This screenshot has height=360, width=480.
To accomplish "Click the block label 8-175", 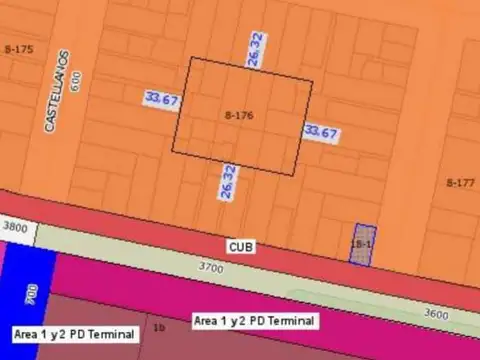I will tap(19, 49).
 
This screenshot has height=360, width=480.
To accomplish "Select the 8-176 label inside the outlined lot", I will tap(239, 116).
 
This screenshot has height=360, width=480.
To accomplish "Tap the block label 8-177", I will tap(460, 183).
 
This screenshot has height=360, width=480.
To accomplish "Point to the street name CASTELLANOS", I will tap(56, 91).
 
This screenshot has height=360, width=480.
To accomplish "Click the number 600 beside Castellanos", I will tap(75, 82).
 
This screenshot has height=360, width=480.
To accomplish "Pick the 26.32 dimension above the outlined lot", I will tap(256, 50).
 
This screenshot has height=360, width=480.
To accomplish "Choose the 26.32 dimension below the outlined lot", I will tap(229, 182).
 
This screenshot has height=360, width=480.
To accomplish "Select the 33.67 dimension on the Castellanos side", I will tap(161, 99).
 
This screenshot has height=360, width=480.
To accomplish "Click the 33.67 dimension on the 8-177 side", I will tap(321, 132).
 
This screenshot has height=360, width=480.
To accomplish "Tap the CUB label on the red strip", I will tap(240, 245).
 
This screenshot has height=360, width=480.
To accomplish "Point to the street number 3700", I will tap(211, 268).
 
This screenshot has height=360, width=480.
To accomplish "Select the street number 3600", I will tap(436, 313).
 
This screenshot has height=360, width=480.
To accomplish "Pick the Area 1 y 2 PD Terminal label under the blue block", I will tap(74, 333).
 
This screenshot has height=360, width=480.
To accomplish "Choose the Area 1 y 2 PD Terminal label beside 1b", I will tap(254, 321).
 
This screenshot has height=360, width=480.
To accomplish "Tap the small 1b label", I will tap(158, 327).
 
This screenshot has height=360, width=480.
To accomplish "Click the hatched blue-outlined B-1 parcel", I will tap(362, 244).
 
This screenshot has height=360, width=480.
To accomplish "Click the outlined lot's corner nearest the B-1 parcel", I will tap(295, 176).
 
